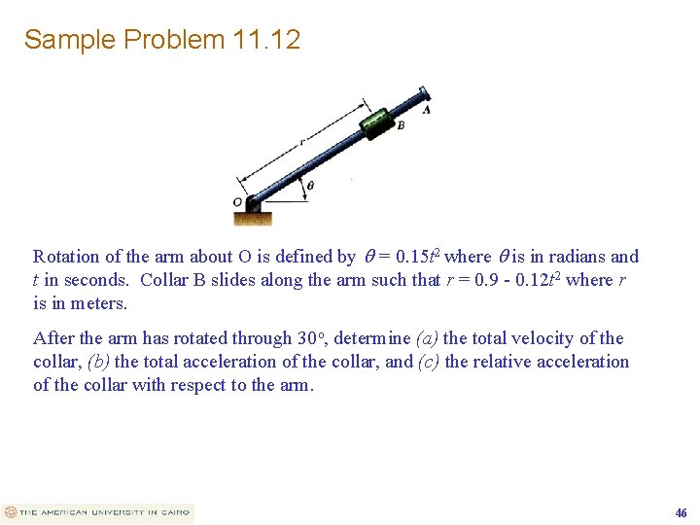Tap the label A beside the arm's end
tap(427, 110)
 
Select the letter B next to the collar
tap(400, 125)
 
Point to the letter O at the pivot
tap(237, 202)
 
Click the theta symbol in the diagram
tap(310, 185)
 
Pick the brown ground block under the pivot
tap(254, 217)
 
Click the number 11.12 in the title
tap(266, 40)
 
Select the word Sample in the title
tap(64, 40)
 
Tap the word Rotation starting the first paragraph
tap(66, 257)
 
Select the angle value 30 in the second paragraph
tap(308, 338)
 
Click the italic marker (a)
tap(427, 338)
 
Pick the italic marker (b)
tap(98, 362)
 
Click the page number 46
tap(681, 512)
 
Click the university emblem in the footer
tap(10, 512)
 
